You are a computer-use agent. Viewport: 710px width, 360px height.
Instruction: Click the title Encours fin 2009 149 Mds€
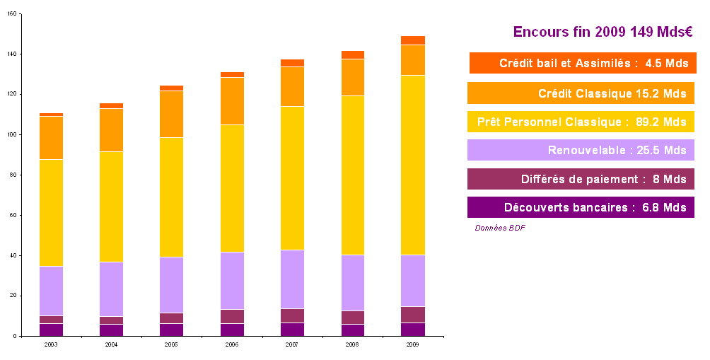coord(602,32)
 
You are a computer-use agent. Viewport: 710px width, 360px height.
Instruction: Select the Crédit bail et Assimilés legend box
coord(583,63)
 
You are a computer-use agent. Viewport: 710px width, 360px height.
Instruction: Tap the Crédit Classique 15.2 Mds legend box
coord(581,93)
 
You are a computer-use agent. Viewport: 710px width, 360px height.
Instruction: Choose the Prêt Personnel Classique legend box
coord(581,122)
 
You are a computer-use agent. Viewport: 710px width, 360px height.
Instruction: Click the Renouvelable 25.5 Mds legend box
coord(581,150)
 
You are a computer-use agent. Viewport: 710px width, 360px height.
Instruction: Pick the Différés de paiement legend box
coord(581,179)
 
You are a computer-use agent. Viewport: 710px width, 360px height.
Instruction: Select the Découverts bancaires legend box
coord(581,207)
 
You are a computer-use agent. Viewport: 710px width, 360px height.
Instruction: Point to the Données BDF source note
coord(500,228)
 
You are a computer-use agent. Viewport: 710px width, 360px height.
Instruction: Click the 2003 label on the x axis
coord(51,344)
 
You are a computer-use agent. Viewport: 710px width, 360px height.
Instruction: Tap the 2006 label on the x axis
coord(232,344)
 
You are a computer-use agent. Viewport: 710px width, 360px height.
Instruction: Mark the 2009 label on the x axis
coord(413,344)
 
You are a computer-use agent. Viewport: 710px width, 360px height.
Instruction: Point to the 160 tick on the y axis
coord(13,13)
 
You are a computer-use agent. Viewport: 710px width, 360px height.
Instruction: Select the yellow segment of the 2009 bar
coord(413,165)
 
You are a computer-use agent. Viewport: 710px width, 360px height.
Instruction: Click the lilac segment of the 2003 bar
coord(51,291)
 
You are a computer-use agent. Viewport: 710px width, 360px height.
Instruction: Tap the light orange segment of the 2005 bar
coord(172,114)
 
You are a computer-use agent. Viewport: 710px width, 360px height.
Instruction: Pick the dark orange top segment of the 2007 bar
coord(292,63)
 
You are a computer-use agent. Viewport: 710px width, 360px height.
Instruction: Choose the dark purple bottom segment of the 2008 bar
coord(353,330)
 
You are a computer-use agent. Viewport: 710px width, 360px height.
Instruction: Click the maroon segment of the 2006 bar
coord(232,316)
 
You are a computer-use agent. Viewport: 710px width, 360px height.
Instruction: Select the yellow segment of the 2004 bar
coord(112,207)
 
